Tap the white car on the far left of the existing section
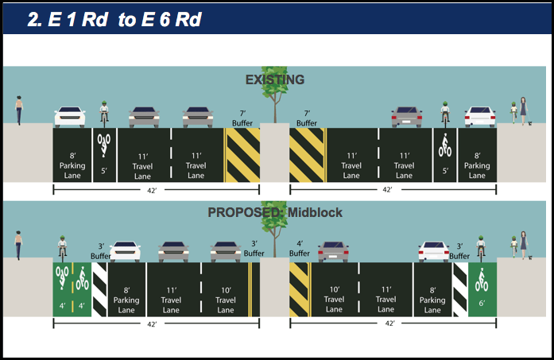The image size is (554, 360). (69, 117)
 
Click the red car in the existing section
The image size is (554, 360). (406, 116)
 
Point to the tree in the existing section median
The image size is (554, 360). (275, 91)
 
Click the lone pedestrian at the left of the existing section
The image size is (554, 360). (19, 110)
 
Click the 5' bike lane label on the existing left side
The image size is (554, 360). (104, 169)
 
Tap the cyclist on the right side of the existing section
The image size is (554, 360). (445, 114)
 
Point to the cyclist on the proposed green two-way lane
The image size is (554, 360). (63, 248)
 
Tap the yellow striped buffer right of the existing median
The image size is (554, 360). (306, 156)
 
